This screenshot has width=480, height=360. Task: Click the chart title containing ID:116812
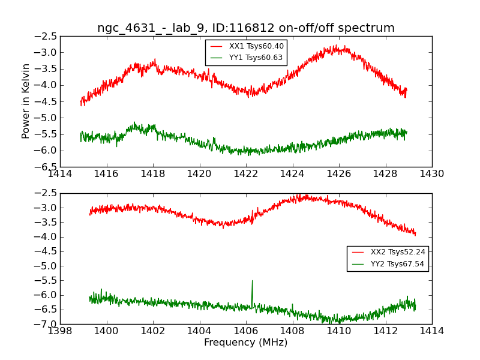pyautogui.click(x=246, y=28)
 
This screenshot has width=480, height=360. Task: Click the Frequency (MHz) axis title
pyautogui.click(x=246, y=343)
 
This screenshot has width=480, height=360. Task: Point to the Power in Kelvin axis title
pyautogui.click(x=26, y=101)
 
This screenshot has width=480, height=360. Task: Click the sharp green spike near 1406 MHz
pyautogui.click(x=252, y=281)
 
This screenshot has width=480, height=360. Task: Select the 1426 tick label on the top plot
pyautogui.click(x=339, y=173)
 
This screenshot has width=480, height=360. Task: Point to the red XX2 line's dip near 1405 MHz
pyautogui.click(x=223, y=226)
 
